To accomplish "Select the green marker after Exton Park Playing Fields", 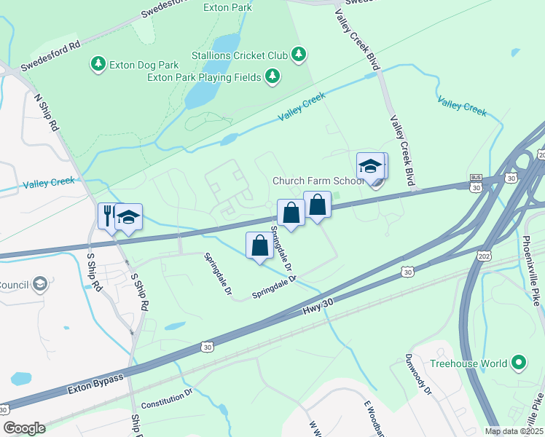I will click(272, 76).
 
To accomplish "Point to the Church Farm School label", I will click(318, 181).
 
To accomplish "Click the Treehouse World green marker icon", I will click(519, 362).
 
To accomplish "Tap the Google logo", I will click(23, 428).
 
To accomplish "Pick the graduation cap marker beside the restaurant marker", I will click(128, 217).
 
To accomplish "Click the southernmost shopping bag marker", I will click(259, 246).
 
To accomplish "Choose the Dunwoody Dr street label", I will click(419, 374).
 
